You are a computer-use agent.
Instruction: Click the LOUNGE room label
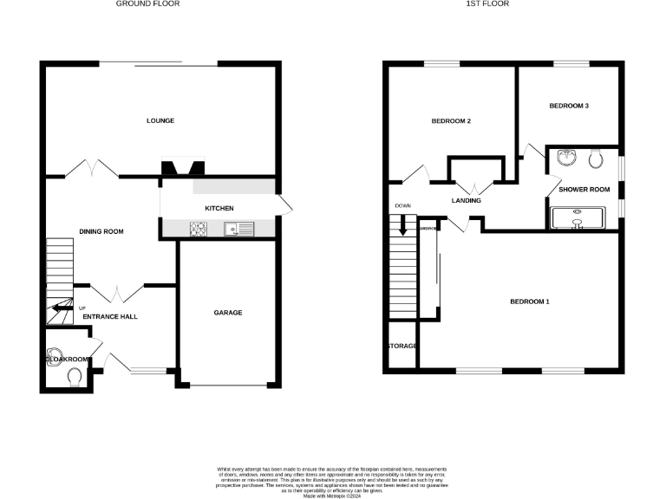pyautogui.click(x=160, y=120)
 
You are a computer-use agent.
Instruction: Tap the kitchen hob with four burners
pyautogui.click(x=199, y=230)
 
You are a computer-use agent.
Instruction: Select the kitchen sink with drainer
pyautogui.click(x=238, y=230)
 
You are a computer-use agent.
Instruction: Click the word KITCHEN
pyautogui.click(x=219, y=209)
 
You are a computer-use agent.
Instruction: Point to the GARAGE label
pyautogui.click(x=228, y=313)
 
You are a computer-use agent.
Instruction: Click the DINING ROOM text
pyautogui.click(x=101, y=231)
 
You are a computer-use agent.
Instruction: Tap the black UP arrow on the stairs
pyautogui.click(x=60, y=307)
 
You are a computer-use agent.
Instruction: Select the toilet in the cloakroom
pyautogui.click(x=75, y=376)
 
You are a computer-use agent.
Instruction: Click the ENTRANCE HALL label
pyautogui.click(x=110, y=316)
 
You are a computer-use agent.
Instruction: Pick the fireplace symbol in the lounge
pyautogui.click(x=182, y=170)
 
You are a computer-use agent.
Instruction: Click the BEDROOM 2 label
pyautogui.click(x=451, y=121)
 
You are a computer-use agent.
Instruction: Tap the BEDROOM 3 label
pyautogui.click(x=569, y=106)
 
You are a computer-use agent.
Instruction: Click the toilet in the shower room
pyautogui.click(x=596, y=158)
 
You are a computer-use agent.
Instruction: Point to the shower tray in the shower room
pyautogui.click(x=578, y=217)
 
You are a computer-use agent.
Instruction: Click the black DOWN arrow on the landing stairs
pyautogui.click(x=402, y=227)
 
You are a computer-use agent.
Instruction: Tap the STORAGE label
pyautogui.click(x=402, y=346)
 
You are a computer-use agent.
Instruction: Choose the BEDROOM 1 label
pyautogui.click(x=530, y=301)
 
